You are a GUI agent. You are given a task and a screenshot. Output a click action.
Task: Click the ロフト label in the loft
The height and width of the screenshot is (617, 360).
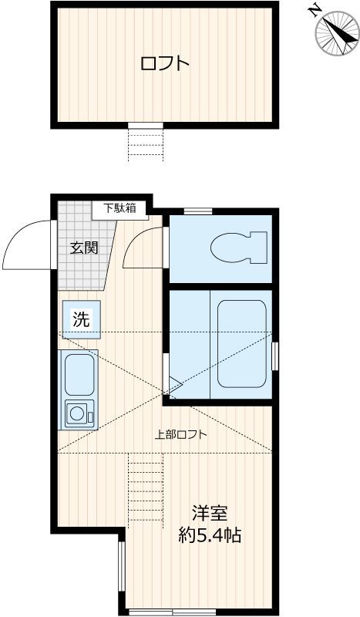tap(164, 63)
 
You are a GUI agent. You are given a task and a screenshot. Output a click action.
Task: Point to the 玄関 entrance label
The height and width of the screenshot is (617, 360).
tap(84, 248)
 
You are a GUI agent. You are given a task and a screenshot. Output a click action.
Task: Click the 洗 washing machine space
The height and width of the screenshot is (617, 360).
tap(81, 319)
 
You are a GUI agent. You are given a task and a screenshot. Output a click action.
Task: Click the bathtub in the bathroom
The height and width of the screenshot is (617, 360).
tap(241, 344)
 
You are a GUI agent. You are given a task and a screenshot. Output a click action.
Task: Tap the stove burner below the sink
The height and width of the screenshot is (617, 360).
tap(79, 413)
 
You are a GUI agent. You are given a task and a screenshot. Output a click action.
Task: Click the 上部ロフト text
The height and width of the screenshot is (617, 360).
tap(180, 434)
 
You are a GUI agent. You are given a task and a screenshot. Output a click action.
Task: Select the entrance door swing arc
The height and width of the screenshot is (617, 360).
tap(27, 242)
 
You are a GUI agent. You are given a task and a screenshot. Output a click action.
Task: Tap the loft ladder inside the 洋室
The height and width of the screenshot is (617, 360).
tap(146, 489)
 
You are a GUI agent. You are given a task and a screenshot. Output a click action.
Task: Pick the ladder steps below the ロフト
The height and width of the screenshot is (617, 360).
tap(146, 143)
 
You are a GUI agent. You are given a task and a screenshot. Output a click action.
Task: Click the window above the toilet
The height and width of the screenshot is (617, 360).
tap(197, 211)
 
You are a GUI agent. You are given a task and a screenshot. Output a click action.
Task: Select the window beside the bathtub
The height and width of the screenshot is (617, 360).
tap(274, 354)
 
